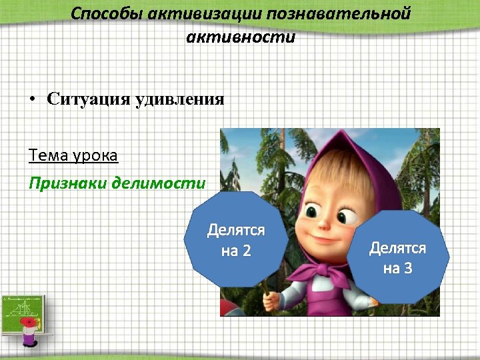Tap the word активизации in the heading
click(198, 14)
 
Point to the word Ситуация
click(89, 99)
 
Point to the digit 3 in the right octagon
click(408, 268)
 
